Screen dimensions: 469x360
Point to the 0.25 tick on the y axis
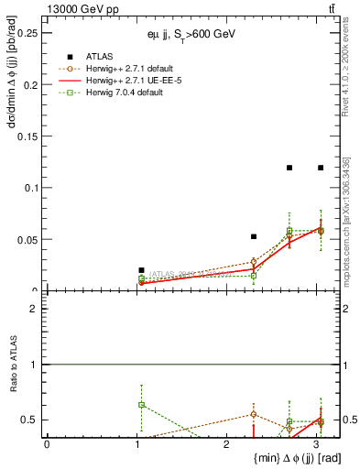coord(27,33)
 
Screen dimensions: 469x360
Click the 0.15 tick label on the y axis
coord(27,136)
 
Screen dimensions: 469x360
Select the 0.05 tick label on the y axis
coord(27,240)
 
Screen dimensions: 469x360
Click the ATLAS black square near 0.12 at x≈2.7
coord(289,168)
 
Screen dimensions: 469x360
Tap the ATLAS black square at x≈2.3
coord(254,236)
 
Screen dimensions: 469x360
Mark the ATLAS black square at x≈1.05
coord(141,270)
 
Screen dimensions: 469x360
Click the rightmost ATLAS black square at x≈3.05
coord(321,168)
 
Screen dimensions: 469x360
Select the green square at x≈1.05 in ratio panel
coord(141,404)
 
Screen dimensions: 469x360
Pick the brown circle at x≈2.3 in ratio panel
coord(254,414)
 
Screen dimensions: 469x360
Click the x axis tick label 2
coord(226,443)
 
